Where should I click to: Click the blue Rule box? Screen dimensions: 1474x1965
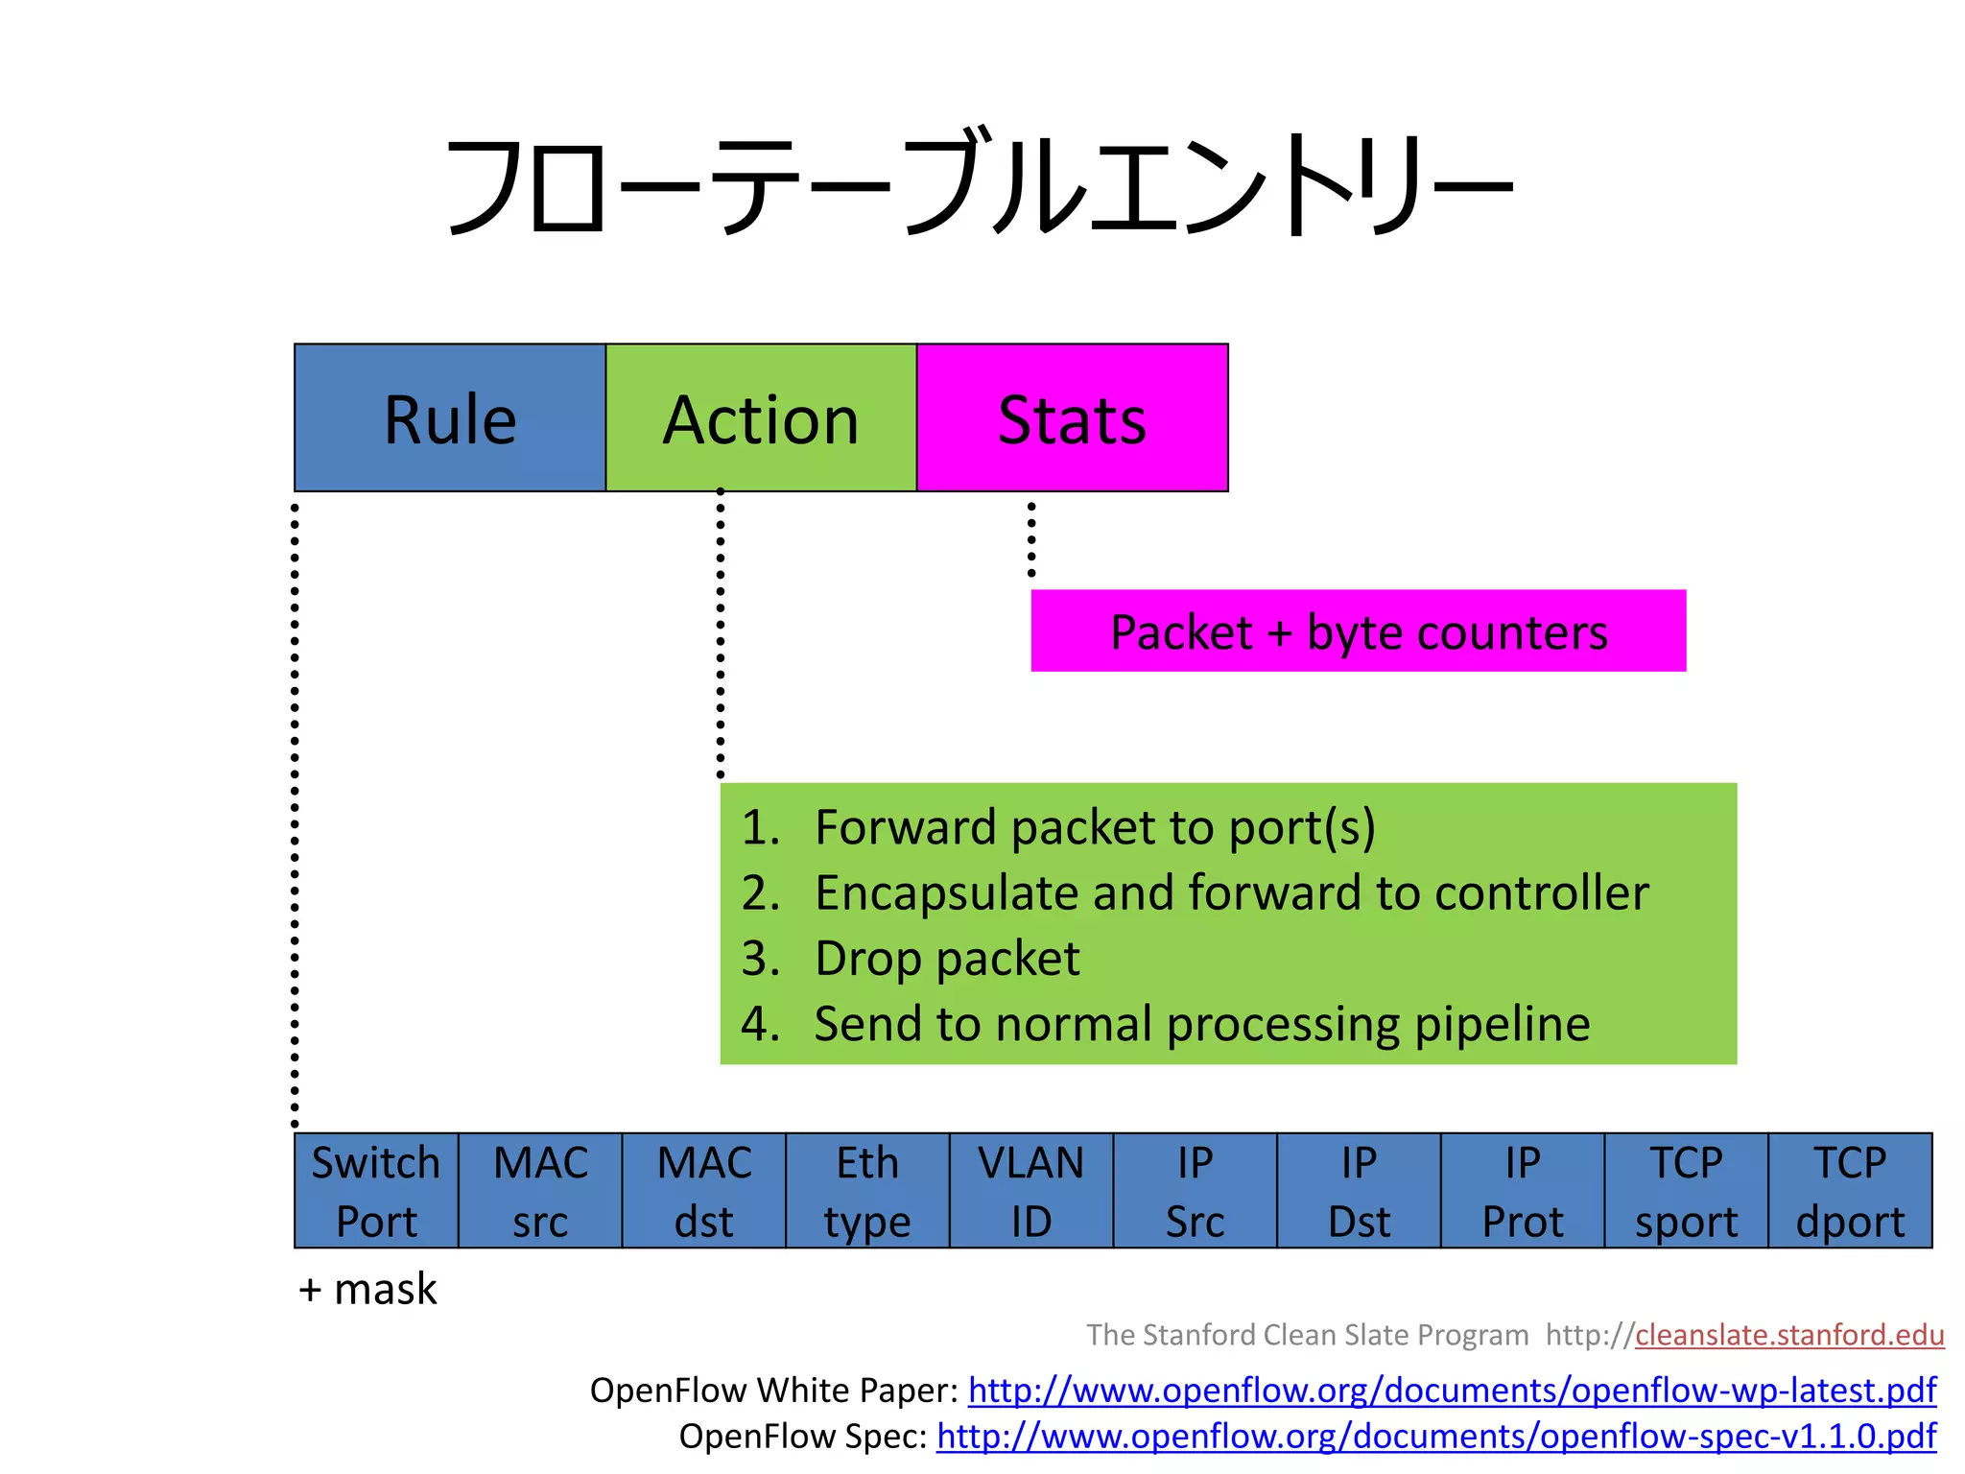pyautogui.click(x=450, y=418)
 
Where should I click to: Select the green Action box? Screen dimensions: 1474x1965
pyautogui.click(x=761, y=418)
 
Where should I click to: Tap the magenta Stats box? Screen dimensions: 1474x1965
pyautogui.click(x=1072, y=418)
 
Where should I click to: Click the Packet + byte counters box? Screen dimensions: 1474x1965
pyautogui.click(x=1358, y=631)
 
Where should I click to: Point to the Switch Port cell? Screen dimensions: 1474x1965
pyautogui.click(x=376, y=1191)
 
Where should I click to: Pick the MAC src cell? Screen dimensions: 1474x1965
pyautogui.click(x=540, y=1191)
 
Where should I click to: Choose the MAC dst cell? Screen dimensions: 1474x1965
pyautogui.click(x=704, y=1191)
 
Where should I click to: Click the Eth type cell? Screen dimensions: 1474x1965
pyautogui.click(x=867, y=1191)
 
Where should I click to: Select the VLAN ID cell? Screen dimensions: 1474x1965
pyautogui.click(x=1031, y=1191)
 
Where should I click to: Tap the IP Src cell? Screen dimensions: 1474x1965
pyautogui.click(x=1196, y=1191)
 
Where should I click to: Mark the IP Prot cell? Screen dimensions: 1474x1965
pyautogui.click(x=1523, y=1191)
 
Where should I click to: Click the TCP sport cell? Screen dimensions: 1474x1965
pyautogui.click(x=1686, y=1191)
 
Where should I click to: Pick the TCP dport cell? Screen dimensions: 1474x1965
pyautogui.click(x=1850, y=1191)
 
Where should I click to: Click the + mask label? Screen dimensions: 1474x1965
pyautogui.click(x=367, y=1289)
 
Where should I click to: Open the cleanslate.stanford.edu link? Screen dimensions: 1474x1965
pyautogui.click(x=1789, y=1335)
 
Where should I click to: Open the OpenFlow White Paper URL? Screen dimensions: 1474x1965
pyautogui.click(x=1452, y=1391)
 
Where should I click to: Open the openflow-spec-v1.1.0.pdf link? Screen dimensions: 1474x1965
pyautogui.click(x=1436, y=1437)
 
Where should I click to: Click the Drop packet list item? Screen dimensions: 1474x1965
pyautogui.click(x=947, y=959)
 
